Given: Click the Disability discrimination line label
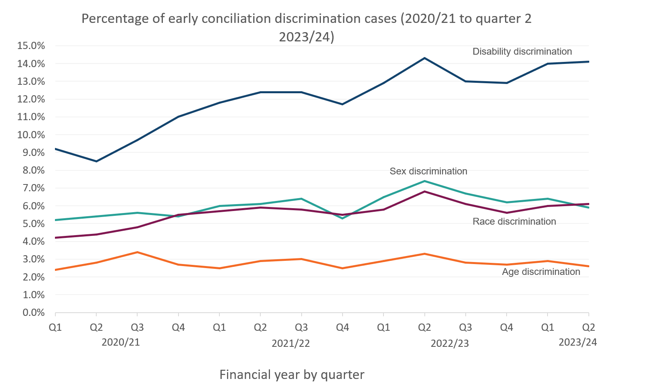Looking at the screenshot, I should pyautogui.click(x=522, y=51).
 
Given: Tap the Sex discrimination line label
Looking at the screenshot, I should pyautogui.click(x=428, y=171).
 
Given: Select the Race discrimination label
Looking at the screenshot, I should pyautogui.click(x=514, y=221).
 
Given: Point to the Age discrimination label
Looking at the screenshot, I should pyautogui.click(x=541, y=272).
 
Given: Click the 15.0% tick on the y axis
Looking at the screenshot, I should pyautogui.click(x=31, y=46).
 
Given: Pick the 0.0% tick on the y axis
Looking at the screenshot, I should pyautogui.click(x=31, y=313).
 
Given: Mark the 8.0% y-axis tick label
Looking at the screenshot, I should pyautogui.click(x=31, y=170).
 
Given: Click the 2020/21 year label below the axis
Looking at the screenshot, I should pyautogui.click(x=121, y=342).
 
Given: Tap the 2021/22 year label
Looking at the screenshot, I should pyautogui.click(x=291, y=344).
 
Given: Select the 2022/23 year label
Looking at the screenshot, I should pyautogui.click(x=450, y=344).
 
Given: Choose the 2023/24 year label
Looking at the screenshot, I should pyautogui.click(x=578, y=342).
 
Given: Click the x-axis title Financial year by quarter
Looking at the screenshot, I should pyautogui.click(x=292, y=375).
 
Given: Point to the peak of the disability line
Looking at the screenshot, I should pyautogui.click(x=424, y=58).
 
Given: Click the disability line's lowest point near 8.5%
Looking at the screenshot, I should pyautogui.click(x=96, y=161).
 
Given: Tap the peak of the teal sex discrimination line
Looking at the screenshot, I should pyautogui.click(x=424, y=181).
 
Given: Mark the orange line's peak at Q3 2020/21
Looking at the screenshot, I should pyautogui.click(x=138, y=252).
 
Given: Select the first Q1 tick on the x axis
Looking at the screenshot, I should pyautogui.click(x=55, y=328).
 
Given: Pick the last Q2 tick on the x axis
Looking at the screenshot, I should pyautogui.click(x=588, y=328).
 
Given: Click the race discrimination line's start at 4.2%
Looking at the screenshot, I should pyautogui.click(x=56, y=238).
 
